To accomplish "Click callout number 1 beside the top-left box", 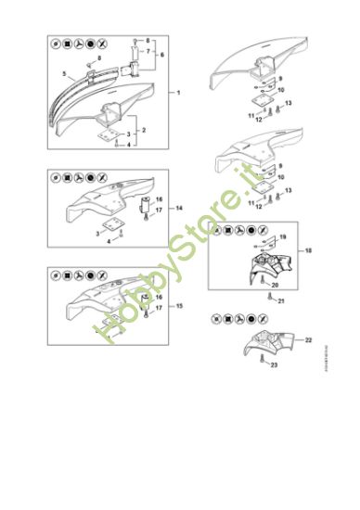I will (177, 94).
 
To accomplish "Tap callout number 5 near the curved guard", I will (64, 71).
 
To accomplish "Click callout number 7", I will (147, 52).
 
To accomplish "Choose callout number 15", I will (178, 305).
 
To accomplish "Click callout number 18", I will (308, 251).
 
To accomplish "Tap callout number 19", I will (283, 239).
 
